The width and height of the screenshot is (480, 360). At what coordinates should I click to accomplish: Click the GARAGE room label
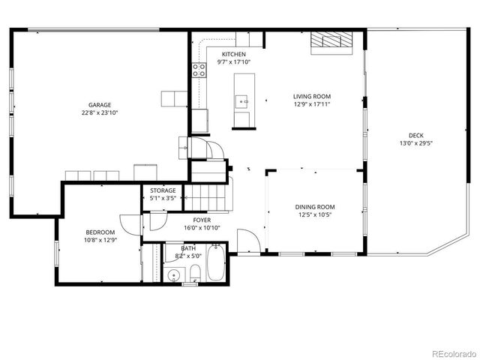[100, 105]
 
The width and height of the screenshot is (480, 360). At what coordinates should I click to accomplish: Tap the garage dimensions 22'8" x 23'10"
[100, 112]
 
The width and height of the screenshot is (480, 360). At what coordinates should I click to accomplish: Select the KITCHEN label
[234, 55]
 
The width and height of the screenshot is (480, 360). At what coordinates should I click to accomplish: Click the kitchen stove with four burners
[199, 70]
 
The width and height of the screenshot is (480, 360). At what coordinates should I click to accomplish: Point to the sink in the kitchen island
[242, 98]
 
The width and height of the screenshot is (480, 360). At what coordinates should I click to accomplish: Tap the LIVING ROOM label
[311, 97]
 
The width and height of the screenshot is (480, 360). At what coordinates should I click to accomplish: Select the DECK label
[415, 136]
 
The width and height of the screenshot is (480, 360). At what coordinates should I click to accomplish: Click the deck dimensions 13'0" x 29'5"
[415, 143]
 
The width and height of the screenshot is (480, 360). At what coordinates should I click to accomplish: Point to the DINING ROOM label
[315, 207]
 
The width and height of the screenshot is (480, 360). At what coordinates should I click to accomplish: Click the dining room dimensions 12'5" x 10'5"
[315, 214]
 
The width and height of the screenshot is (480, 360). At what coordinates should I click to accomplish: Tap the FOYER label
[202, 220]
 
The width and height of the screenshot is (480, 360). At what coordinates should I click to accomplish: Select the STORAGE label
[163, 191]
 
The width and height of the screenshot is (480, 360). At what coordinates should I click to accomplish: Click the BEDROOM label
[100, 232]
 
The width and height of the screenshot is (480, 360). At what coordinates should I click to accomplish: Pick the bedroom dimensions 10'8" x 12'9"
[100, 241]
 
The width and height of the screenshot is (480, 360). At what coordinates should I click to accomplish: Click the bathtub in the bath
[215, 262]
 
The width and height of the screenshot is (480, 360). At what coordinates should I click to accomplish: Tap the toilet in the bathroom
[193, 271]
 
